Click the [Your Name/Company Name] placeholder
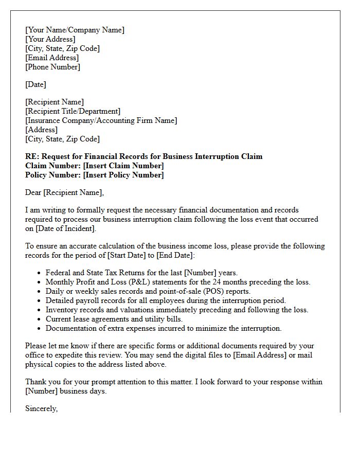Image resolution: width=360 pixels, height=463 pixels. coord(75,30)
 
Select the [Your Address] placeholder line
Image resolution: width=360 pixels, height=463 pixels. coord(50,39)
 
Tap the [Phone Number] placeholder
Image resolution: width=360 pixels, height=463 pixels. coord(52,67)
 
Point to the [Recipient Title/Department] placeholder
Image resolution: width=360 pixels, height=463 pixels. coord(73,111)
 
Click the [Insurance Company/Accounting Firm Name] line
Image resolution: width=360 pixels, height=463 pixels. coord(101,120)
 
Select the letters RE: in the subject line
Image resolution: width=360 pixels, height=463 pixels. coord(32,156)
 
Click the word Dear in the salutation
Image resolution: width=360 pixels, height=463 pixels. coord(33,192)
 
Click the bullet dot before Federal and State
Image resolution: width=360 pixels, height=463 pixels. coord(39,273)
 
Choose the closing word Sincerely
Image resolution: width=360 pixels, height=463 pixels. coord(41,408)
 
